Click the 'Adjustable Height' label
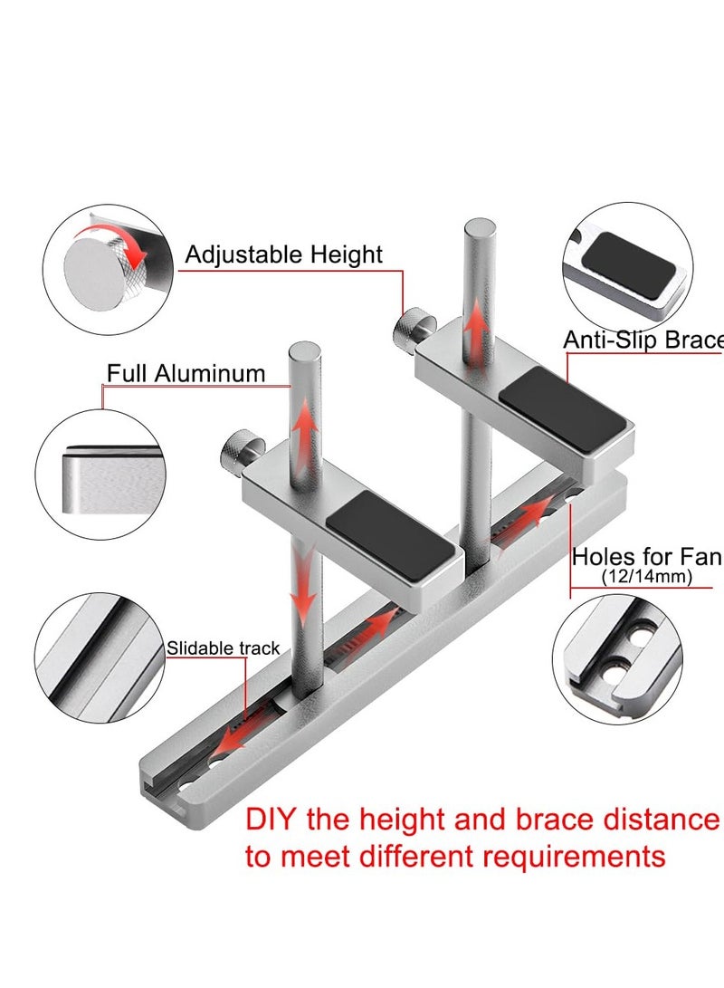[283, 254]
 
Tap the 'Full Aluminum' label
[186, 373]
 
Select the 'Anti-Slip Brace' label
[643, 341]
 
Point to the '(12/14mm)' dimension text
[647, 577]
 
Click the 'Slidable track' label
[223, 647]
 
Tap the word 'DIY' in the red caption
[272, 820]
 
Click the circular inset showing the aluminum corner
[100, 474]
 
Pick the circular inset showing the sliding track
[100, 658]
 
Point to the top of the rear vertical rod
[480, 228]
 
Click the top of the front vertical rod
[304, 351]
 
